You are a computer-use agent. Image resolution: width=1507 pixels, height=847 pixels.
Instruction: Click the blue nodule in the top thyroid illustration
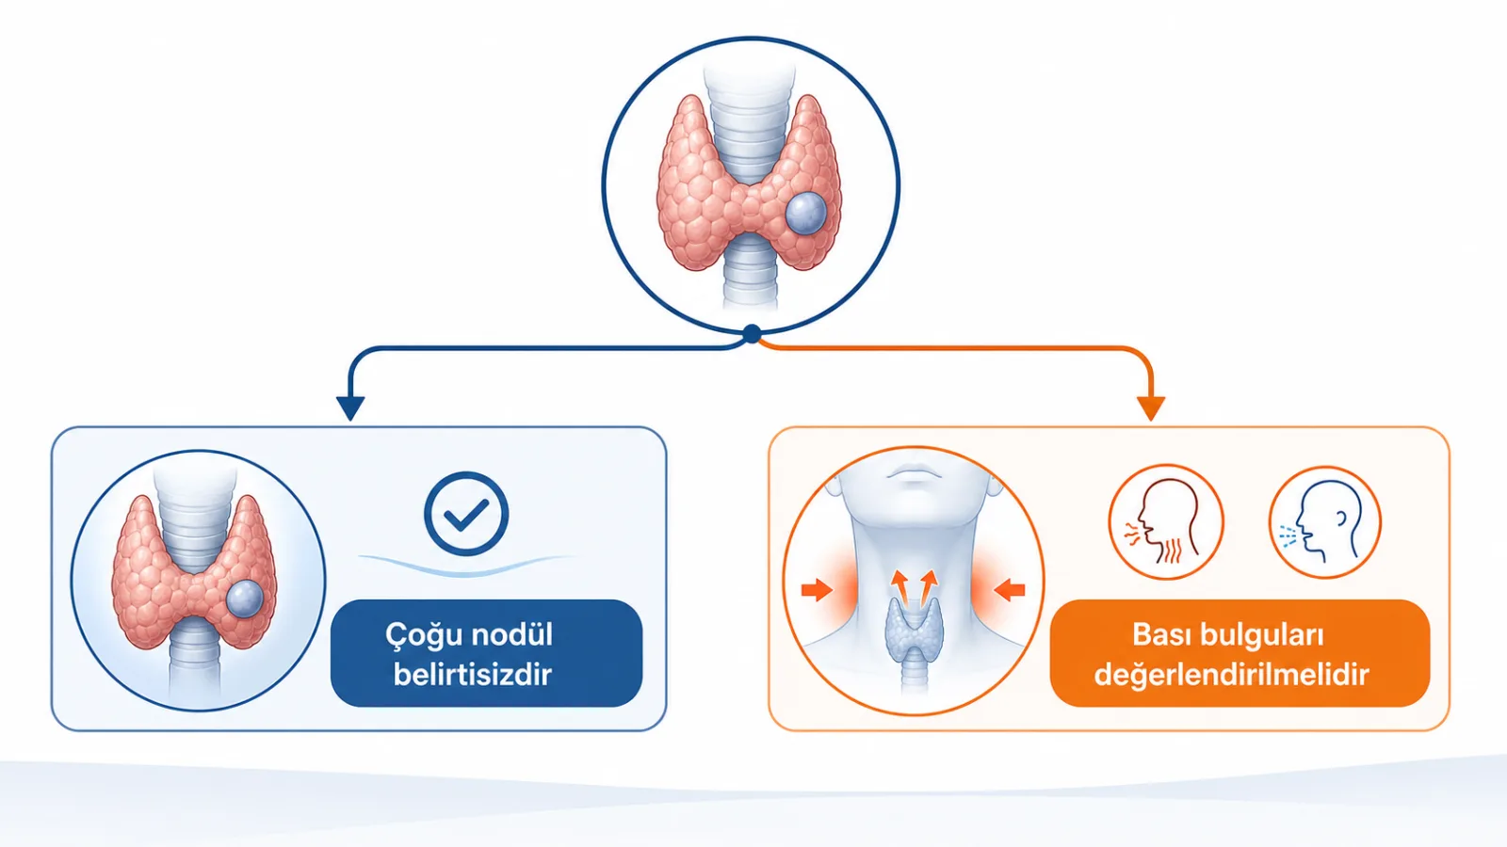coord(805,214)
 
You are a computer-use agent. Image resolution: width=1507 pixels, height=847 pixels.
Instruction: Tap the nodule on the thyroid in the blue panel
coord(244,599)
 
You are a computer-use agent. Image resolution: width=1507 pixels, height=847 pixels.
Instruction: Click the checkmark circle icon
coord(466,514)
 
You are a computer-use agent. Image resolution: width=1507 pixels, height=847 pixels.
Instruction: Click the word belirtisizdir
coord(472,674)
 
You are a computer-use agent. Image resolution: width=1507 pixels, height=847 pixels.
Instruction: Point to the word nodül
coord(511,634)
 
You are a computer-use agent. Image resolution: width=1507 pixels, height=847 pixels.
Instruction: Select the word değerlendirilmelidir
coord(1231,675)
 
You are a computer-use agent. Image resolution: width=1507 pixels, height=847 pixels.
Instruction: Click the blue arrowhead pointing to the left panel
coord(349,408)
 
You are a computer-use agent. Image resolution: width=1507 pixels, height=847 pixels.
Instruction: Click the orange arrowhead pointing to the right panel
coord(1150,408)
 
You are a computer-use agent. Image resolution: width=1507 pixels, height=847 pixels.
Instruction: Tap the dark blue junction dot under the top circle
coord(753,333)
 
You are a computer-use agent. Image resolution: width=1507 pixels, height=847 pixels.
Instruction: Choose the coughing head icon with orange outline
coord(1166,522)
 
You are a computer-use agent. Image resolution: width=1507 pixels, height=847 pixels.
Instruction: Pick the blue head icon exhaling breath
coord(1324,522)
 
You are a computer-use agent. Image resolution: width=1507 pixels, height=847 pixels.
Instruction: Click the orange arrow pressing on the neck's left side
coord(817,590)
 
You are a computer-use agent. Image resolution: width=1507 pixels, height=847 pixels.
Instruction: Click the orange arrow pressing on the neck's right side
coord(1009,590)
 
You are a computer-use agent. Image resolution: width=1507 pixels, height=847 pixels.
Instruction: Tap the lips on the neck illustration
coord(914,472)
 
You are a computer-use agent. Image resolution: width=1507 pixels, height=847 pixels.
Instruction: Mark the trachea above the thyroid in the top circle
coord(749,121)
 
